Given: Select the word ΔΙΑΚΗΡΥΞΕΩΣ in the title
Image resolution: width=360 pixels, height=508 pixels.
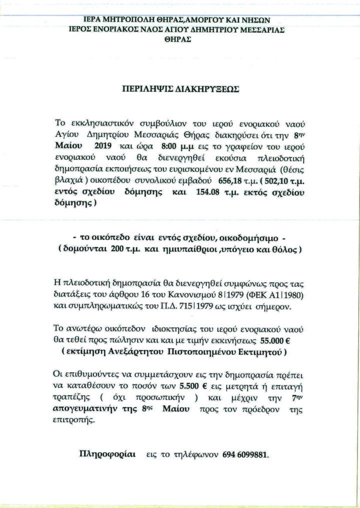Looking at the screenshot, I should tap(203, 90).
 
